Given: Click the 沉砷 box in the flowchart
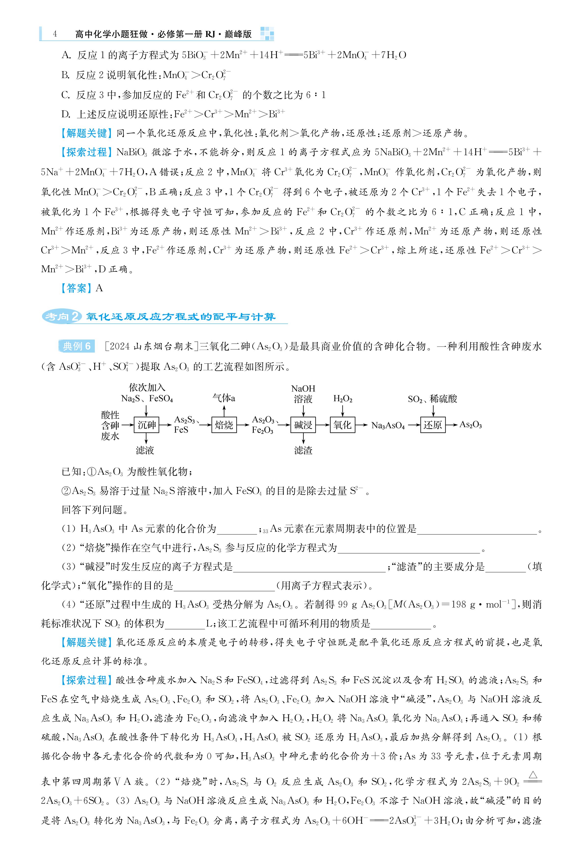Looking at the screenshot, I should pyautogui.click(x=147, y=425).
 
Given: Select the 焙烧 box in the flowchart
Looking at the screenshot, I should pyautogui.click(x=224, y=425).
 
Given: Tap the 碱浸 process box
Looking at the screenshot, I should pyautogui.click(x=303, y=425).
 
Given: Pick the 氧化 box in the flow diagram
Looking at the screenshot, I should pyautogui.click(x=342, y=425).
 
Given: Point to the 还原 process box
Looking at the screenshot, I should pyautogui.click(x=433, y=425).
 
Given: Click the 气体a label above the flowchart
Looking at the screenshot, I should pyautogui.click(x=224, y=398).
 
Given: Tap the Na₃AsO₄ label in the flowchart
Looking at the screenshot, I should pyautogui.click(x=388, y=425).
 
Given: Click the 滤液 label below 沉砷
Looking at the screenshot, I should pyautogui.click(x=145, y=450).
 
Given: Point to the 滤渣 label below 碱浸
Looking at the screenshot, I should pyautogui.click(x=303, y=450).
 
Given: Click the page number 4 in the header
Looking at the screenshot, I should pyautogui.click(x=55, y=34).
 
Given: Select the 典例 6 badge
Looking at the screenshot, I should pyautogui.click(x=77, y=346).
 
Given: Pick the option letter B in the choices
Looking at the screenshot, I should pyautogui.click(x=65, y=75).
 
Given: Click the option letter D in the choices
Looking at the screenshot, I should pyautogui.click(x=65, y=114).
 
